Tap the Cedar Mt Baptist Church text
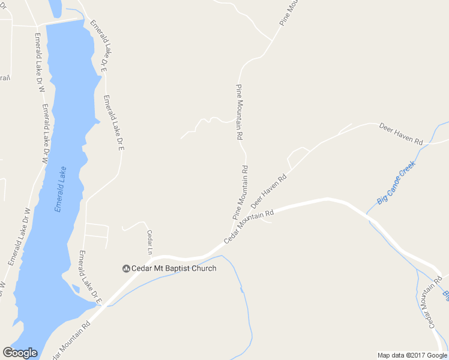[174, 268]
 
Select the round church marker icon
[126, 268]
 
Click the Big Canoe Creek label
[396, 182]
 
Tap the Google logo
[20, 352]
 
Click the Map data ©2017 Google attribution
[412, 355]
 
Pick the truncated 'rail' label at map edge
[5, 78]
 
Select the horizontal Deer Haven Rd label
[401, 133]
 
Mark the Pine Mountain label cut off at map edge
[289, 12]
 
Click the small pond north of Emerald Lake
[55, 8]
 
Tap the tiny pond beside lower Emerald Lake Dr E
[75, 288]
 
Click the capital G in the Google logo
[8, 352]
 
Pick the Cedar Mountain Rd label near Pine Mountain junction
[249, 226]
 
